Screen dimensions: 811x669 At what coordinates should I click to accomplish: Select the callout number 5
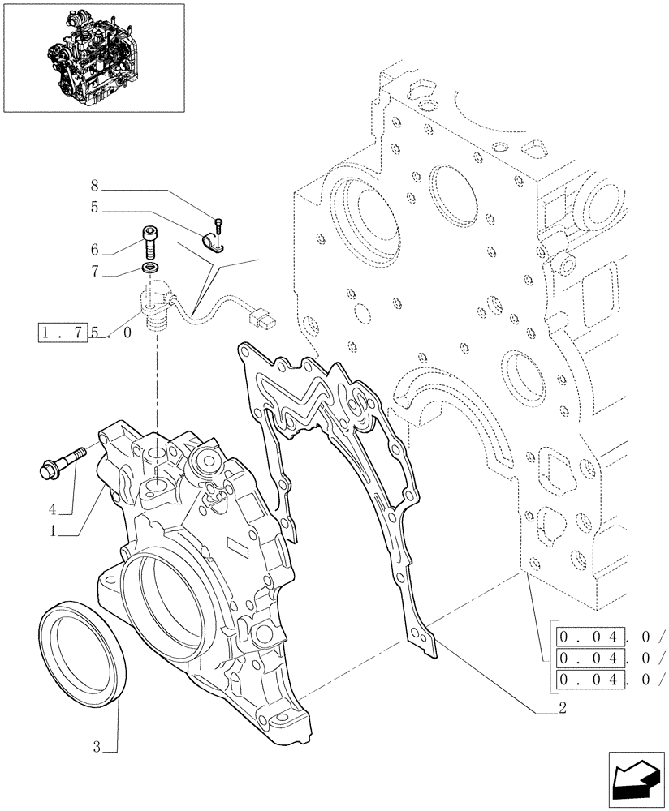click(95, 208)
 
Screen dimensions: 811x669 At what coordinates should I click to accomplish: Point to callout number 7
click(95, 273)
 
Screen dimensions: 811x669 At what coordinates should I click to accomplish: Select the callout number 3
click(96, 747)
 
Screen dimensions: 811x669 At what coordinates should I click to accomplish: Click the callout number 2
click(562, 707)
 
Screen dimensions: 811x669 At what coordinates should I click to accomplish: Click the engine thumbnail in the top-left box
click(93, 57)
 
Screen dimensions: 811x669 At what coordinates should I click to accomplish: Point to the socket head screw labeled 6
click(151, 240)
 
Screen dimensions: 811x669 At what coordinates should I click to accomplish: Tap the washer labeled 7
click(150, 268)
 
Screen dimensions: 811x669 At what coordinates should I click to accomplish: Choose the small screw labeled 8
click(218, 225)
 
